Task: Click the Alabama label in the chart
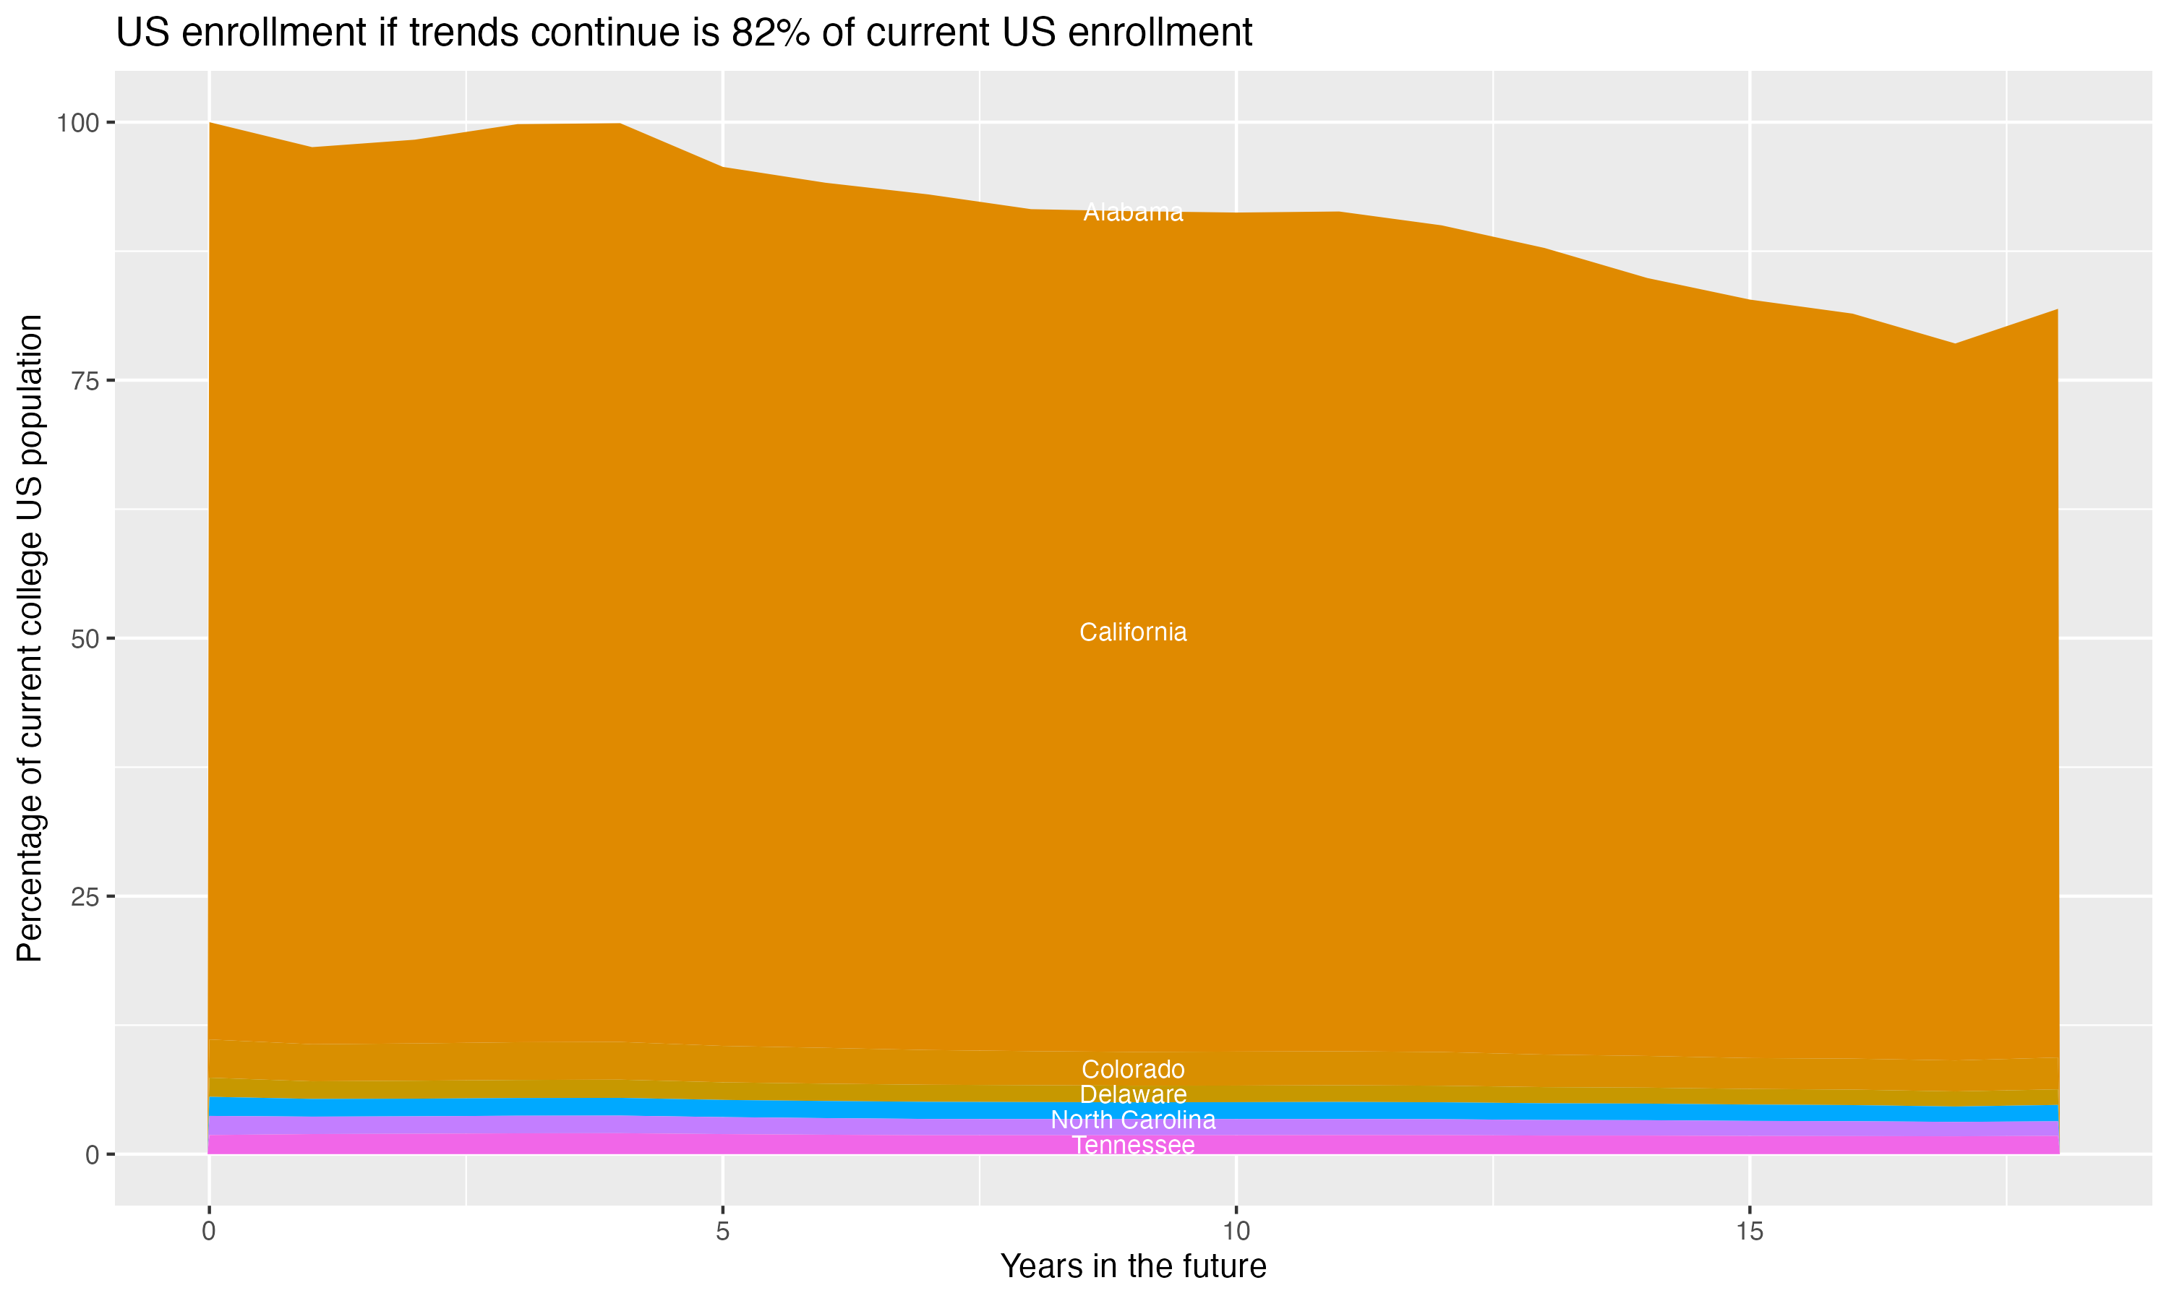1133,212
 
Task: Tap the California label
1133,632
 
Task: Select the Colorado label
1133,1070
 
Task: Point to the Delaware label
1133,1095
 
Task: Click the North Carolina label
1133,1120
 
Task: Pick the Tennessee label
1133,1146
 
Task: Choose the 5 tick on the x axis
722,1232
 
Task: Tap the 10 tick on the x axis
1236,1232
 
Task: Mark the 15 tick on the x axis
1749,1232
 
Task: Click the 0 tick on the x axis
209,1232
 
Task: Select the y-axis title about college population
30,638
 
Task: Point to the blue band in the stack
614,1107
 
